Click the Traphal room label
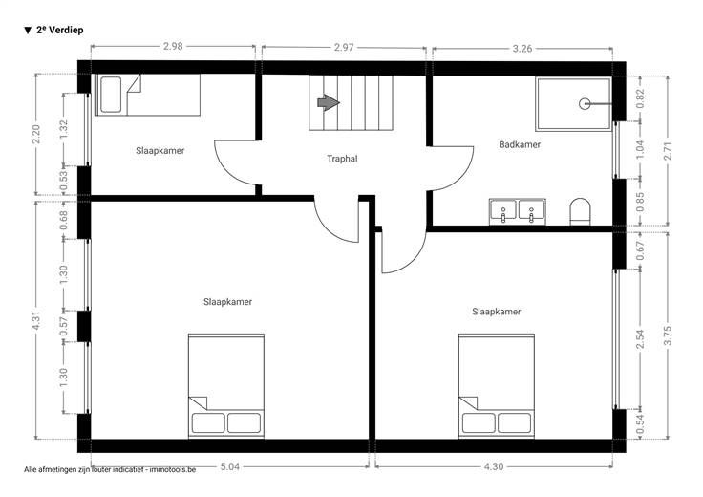click(342, 159)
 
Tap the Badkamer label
click(520, 144)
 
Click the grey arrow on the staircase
click(329, 102)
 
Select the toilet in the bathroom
click(580, 212)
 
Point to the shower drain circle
click(585, 104)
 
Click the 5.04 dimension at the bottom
click(230, 466)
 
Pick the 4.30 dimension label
click(494, 466)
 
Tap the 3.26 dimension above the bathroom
click(522, 49)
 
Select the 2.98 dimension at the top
click(173, 46)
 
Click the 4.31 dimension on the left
click(36, 320)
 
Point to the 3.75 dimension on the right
click(667, 335)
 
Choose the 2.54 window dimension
click(640, 338)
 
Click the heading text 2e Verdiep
click(59, 30)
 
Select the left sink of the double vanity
click(503, 211)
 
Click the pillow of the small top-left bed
click(110, 95)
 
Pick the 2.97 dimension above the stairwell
click(344, 47)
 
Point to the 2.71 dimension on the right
click(667, 151)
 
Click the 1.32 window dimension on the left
click(64, 130)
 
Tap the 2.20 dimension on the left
click(36, 134)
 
